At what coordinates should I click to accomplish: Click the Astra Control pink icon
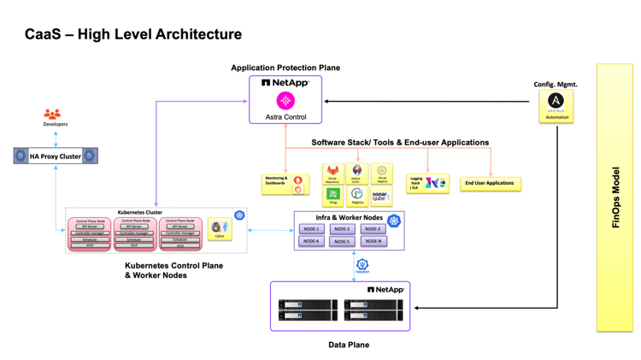pyautogui.click(x=285, y=101)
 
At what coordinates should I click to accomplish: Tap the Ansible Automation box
pyautogui.click(x=556, y=105)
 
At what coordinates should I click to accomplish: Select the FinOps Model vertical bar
pyautogui.click(x=615, y=197)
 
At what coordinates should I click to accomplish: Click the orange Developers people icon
pyautogui.click(x=53, y=114)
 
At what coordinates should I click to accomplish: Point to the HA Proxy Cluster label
pyautogui.click(x=56, y=156)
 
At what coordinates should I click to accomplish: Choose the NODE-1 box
pyautogui.click(x=311, y=229)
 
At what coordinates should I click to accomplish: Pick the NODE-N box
pyautogui.click(x=373, y=241)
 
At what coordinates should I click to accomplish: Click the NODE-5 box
pyautogui.click(x=342, y=241)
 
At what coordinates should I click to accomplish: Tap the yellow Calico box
pyautogui.click(x=220, y=229)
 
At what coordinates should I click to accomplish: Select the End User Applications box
pyautogui.click(x=490, y=183)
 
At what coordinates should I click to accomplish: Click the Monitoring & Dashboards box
pyautogui.click(x=285, y=184)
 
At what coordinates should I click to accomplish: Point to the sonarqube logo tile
pyautogui.click(x=380, y=196)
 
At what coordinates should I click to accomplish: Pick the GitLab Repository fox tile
pyautogui.click(x=332, y=174)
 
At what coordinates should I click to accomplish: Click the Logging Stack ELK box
pyautogui.click(x=426, y=183)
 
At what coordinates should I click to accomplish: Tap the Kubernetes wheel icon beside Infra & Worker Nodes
pyautogui.click(x=394, y=221)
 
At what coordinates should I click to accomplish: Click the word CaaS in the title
pyautogui.click(x=42, y=35)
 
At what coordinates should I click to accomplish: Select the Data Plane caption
pyautogui.click(x=349, y=345)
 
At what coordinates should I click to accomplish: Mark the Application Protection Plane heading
pyautogui.click(x=285, y=68)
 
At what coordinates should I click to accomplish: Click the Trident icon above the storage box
pyautogui.click(x=362, y=266)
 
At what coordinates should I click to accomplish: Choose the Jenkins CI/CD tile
pyautogui.click(x=356, y=174)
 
